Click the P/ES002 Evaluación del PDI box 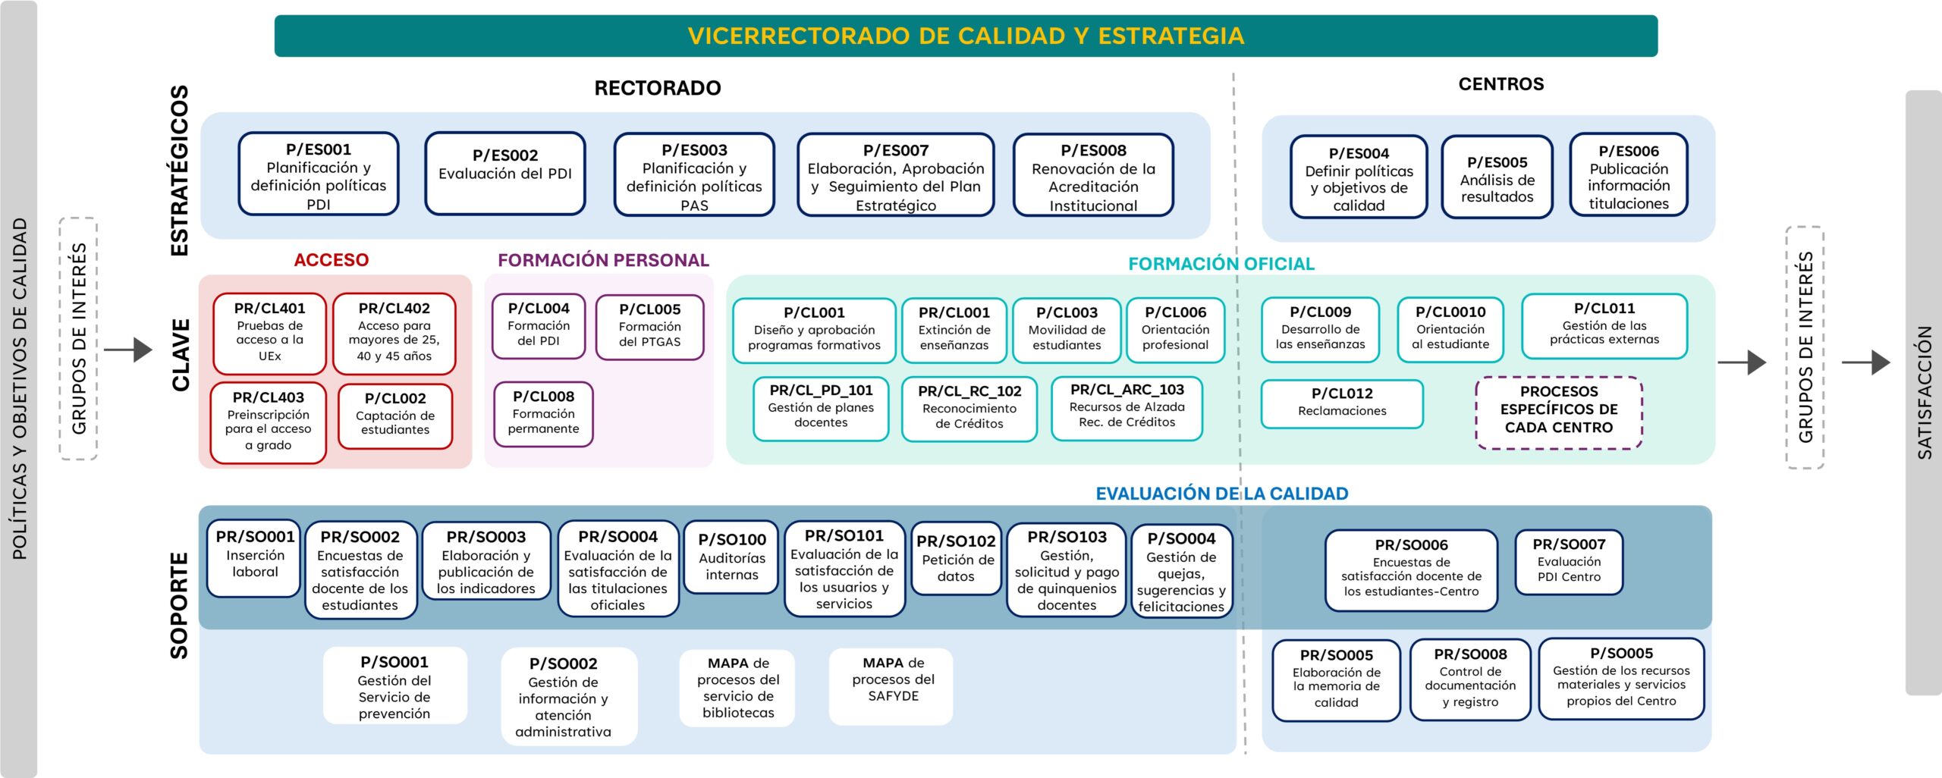click(504, 173)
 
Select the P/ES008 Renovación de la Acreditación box click(1093, 176)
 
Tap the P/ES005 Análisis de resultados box click(1497, 177)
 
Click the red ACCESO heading click(331, 260)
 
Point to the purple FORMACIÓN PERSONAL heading click(603, 260)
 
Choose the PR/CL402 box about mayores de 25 click(394, 333)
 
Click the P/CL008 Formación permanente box click(543, 413)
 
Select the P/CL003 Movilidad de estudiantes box click(1067, 330)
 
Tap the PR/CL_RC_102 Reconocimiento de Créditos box click(969, 408)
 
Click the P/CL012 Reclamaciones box click(1341, 403)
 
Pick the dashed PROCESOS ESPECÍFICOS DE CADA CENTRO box click(1558, 412)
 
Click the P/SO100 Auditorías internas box click(731, 557)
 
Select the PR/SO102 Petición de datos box click(955, 559)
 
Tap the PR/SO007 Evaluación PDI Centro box click(1568, 561)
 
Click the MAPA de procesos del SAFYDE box click(892, 680)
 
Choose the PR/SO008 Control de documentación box click(1469, 679)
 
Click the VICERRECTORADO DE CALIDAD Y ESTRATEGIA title click(966, 36)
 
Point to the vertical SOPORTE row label click(179, 605)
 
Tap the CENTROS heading click(1500, 84)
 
